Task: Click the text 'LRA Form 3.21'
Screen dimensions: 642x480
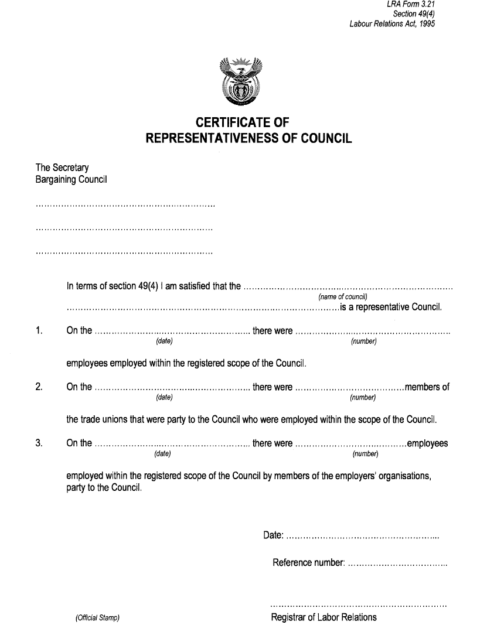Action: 410,5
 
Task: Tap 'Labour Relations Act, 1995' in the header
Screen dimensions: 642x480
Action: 392,24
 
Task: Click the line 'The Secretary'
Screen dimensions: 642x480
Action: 62,168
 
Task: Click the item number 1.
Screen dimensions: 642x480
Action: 39,331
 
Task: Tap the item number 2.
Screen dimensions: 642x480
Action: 39,387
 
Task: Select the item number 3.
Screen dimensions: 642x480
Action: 39,443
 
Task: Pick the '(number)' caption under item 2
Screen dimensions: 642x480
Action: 362,398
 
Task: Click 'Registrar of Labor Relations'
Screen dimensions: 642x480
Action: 324,617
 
